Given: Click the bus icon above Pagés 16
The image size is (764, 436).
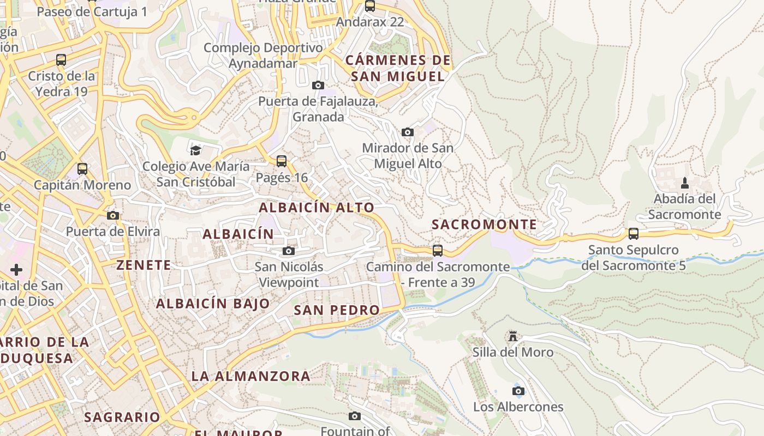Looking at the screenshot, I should [x=282, y=161].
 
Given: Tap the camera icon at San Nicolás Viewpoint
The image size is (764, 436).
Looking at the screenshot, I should [x=289, y=251].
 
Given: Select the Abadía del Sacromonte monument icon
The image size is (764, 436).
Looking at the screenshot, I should [x=685, y=183].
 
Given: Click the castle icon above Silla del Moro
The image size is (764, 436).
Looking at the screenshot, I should [x=512, y=336].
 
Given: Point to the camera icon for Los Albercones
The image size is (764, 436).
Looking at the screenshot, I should [x=518, y=391].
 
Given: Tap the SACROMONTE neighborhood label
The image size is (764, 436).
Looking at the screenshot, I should [x=484, y=225].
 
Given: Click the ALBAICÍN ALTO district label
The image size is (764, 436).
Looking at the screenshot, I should [x=317, y=208].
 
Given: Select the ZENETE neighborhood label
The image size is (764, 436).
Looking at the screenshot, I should [x=144, y=265].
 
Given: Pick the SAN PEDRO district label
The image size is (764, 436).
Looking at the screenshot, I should [x=337, y=310].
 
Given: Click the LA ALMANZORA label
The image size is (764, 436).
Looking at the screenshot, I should [x=250, y=376].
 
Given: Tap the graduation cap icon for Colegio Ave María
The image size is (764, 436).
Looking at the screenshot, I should [x=195, y=150].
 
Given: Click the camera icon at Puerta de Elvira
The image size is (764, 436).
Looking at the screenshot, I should [x=113, y=215].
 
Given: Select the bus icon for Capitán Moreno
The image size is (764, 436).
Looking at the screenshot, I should [x=82, y=169].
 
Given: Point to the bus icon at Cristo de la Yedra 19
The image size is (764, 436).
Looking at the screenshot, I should [x=61, y=60].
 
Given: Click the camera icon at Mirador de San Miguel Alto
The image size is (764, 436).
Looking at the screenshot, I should [x=407, y=132].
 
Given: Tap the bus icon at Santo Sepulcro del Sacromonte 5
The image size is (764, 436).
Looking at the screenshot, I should [x=633, y=234].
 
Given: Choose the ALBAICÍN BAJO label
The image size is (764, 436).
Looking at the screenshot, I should [x=213, y=304].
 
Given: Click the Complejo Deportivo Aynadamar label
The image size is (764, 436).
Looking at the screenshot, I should [x=263, y=56].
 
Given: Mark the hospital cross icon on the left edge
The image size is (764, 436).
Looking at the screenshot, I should [x=16, y=269].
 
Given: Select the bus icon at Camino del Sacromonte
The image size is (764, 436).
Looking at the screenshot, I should [x=437, y=251].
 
